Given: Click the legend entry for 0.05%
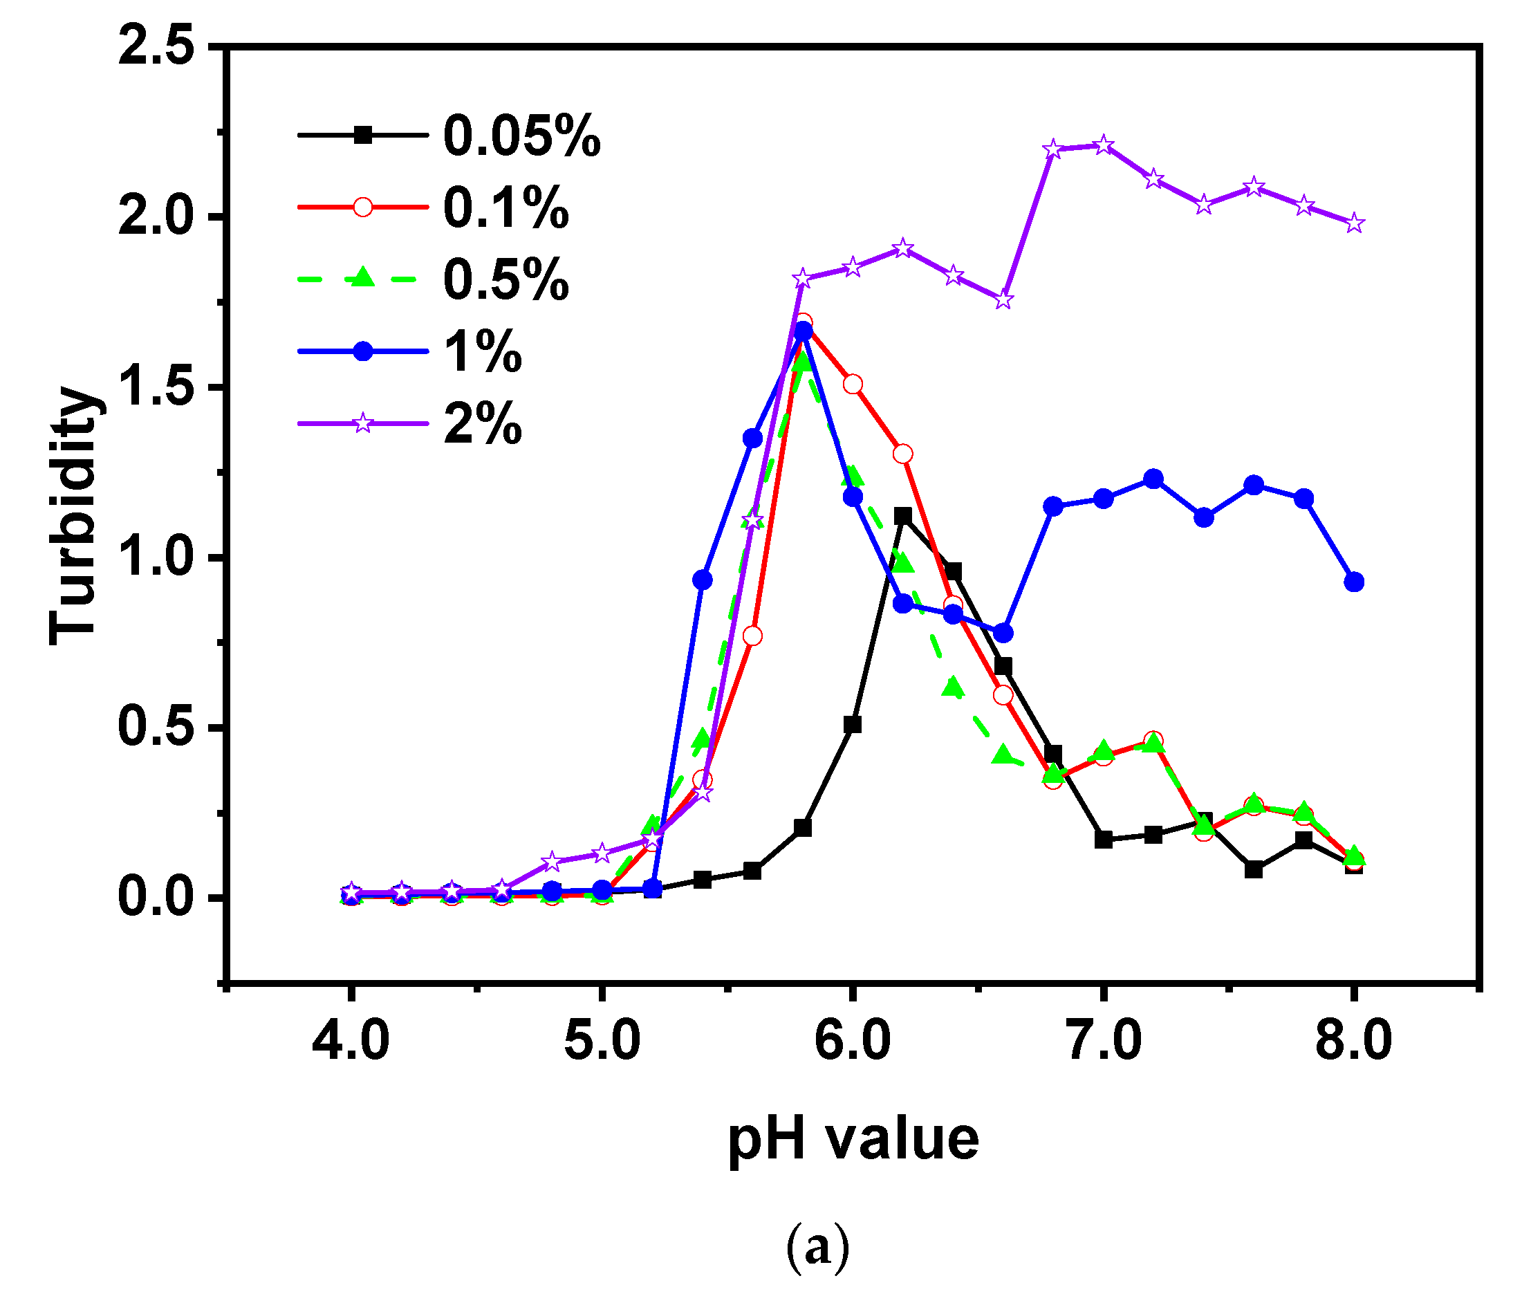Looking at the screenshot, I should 521,136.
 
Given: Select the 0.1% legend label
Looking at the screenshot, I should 505,208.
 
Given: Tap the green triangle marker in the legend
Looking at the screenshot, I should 362,278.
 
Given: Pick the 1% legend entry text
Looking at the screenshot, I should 482,352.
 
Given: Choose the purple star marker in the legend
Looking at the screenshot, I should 362,423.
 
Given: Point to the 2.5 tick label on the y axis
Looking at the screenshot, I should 157,46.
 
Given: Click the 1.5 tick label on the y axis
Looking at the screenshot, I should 157,387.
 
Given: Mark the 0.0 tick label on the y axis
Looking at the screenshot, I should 157,898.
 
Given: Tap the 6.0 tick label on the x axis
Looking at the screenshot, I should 852,1041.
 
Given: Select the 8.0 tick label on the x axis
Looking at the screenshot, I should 1353,1041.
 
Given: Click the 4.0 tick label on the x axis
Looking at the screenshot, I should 351,1041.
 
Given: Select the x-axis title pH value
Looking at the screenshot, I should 852,1139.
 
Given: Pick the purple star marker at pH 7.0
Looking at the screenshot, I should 1104,145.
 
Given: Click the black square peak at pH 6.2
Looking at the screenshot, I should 902,516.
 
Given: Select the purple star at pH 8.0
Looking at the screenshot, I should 1354,223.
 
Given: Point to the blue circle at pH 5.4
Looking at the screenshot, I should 702,580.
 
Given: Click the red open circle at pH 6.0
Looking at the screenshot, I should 852,385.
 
